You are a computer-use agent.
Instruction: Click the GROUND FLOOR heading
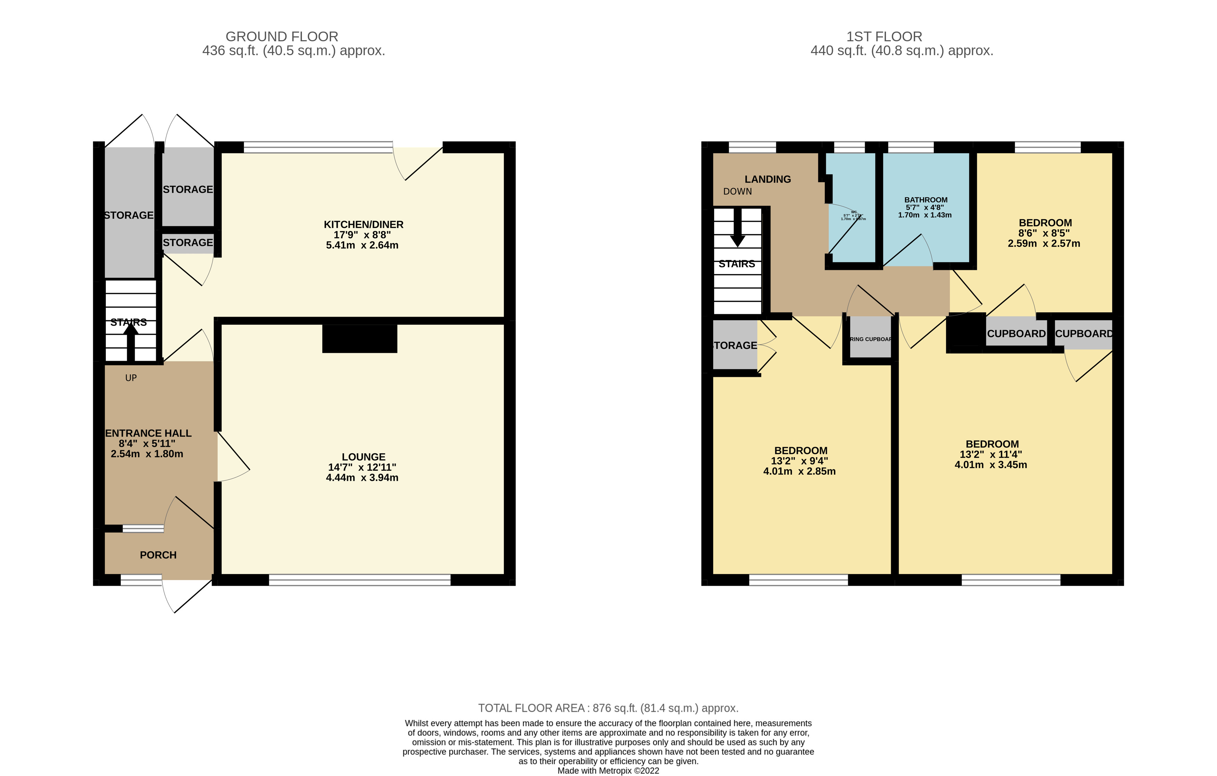[281, 36]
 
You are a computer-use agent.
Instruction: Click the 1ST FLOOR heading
[884, 36]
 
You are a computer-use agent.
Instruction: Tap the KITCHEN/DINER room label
[363, 224]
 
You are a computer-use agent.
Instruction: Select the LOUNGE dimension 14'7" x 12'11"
[362, 467]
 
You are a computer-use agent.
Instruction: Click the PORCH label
[158, 555]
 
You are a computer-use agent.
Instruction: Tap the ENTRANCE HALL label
[148, 433]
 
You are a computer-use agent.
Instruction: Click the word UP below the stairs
[131, 378]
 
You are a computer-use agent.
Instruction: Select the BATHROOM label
[926, 199]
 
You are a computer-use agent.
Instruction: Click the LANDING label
[768, 179]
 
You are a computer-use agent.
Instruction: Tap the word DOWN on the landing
[737, 191]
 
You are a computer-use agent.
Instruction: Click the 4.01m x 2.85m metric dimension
[799, 471]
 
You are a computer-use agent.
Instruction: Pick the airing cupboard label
[870, 339]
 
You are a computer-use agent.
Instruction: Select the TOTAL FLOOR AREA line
[608, 708]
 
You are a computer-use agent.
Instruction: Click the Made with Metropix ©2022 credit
[608, 770]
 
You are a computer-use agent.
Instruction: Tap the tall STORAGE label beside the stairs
[129, 215]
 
